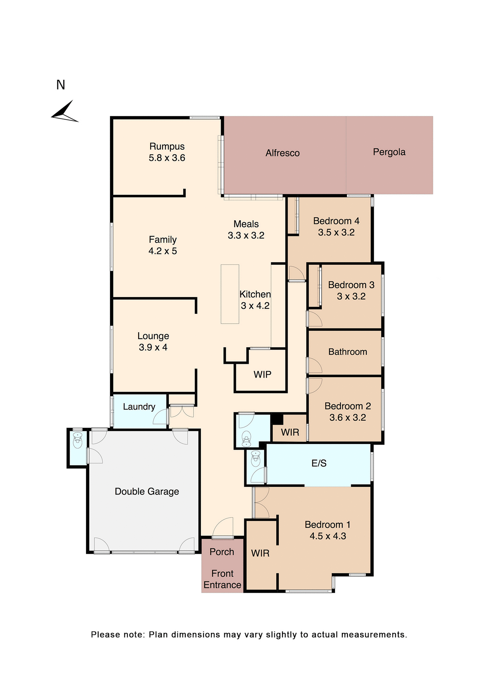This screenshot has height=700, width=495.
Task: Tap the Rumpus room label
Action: (167, 146)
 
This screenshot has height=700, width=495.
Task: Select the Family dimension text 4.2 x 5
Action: (163, 251)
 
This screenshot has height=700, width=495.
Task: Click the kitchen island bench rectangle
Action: (230, 294)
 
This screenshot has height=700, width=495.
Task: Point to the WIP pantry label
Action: (262, 374)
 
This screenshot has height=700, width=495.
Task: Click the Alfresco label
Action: (282, 153)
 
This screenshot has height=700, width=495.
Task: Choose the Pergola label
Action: (389, 152)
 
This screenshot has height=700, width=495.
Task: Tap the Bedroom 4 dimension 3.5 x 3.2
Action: (336, 233)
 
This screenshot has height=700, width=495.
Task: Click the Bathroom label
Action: (347, 352)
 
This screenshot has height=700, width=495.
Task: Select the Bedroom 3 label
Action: (351, 285)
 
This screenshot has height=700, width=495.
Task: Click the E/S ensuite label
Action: (319, 463)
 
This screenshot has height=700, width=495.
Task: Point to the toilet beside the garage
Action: (78, 440)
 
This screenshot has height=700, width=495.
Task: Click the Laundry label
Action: (139, 407)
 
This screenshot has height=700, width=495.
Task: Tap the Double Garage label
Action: (147, 491)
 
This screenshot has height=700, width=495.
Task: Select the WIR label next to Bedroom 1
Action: (260, 553)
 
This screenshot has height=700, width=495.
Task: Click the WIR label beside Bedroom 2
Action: (290, 432)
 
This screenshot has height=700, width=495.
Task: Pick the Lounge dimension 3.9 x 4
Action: (153, 347)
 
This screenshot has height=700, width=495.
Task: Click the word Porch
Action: (222, 552)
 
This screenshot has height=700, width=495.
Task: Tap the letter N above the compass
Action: (61, 85)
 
